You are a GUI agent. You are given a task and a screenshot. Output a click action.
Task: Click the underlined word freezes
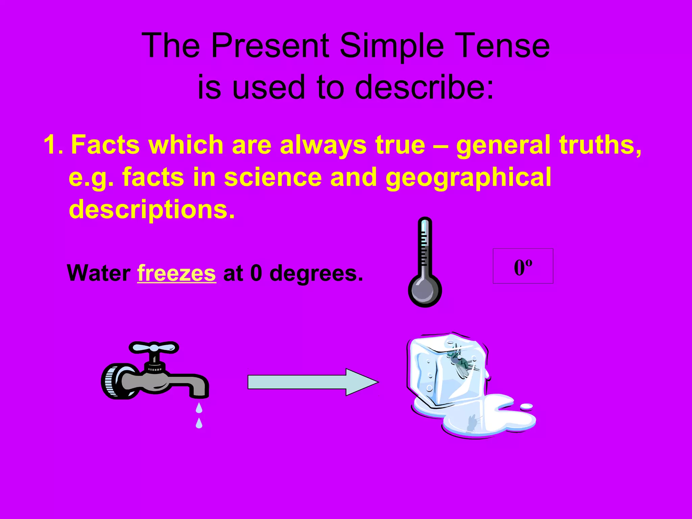click(x=176, y=273)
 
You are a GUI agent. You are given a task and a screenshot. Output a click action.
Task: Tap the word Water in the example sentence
click(x=99, y=273)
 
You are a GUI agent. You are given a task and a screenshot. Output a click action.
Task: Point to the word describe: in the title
click(x=425, y=88)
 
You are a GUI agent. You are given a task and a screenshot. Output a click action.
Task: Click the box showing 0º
click(x=523, y=266)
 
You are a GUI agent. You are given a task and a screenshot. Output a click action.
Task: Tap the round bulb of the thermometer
click(x=425, y=291)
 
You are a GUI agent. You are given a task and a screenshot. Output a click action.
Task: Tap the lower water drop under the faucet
click(x=199, y=423)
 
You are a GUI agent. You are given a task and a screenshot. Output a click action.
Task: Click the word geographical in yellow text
click(x=468, y=177)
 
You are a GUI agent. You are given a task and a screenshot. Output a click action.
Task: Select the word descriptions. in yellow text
click(x=152, y=209)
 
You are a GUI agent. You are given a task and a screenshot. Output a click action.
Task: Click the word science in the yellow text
click(x=273, y=177)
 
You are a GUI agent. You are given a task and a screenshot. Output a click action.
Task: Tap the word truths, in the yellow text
click(x=600, y=145)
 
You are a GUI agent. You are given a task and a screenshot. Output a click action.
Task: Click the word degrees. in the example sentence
click(x=316, y=273)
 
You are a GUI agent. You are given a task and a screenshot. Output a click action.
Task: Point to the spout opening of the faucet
click(x=199, y=395)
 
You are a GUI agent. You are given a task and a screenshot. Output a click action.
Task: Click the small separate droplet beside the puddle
click(x=526, y=406)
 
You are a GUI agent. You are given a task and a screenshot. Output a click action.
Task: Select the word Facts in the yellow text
click(x=105, y=145)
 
